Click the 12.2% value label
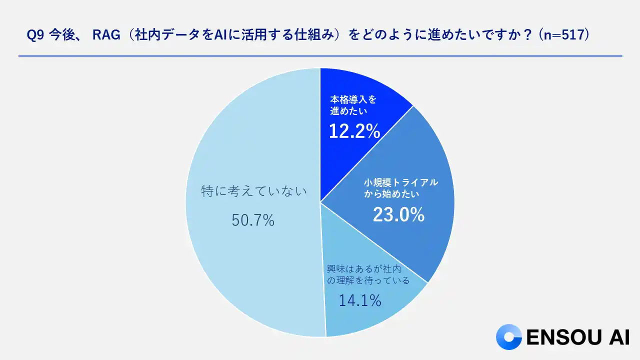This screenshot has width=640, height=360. [354, 131]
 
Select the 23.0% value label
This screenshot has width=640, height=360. [398, 214]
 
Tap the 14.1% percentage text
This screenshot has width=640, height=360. [360, 300]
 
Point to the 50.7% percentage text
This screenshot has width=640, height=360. [253, 220]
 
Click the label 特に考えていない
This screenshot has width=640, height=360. [253, 191]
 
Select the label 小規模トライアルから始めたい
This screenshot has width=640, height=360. [400, 187]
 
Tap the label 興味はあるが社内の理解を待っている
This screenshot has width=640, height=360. [368, 275]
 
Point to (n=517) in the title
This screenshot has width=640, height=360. [566, 35]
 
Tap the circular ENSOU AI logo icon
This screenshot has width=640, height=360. [508, 337]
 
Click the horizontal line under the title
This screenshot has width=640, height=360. [320, 56]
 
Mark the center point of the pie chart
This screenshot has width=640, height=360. [320, 202]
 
